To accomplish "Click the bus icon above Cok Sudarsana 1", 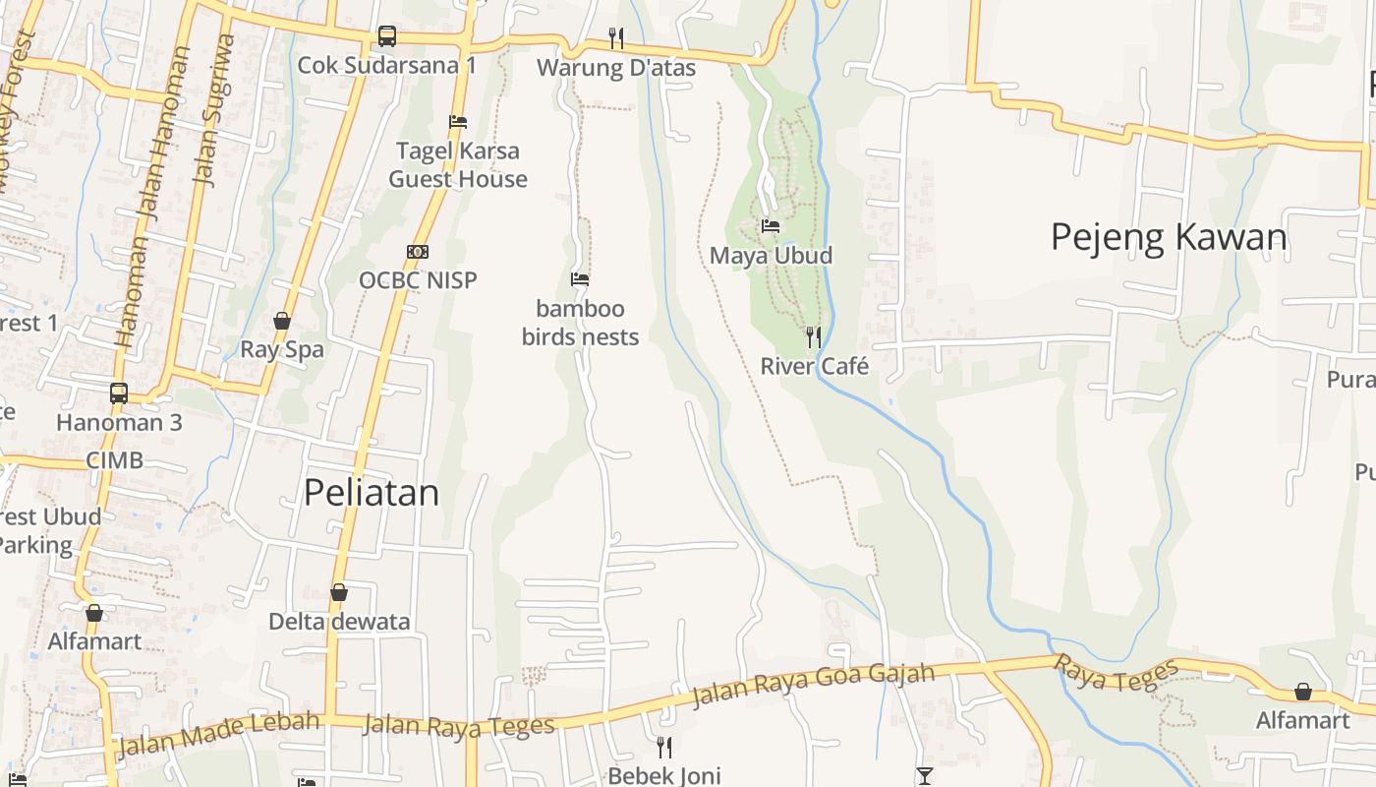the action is click(x=387, y=36).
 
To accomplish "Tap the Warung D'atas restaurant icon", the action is click(x=616, y=38).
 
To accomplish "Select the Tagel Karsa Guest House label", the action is click(x=458, y=164).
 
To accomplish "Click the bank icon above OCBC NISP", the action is click(x=418, y=252).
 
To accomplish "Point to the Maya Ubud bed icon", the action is click(x=771, y=226).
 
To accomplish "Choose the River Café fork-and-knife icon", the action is click(x=813, y=337).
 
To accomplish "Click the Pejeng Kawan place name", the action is click(x=1169, y=237).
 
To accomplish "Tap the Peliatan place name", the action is click(x=371, y=492).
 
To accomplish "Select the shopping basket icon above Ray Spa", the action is click(x=282, y=321).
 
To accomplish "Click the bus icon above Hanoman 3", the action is click(x=119, y=393).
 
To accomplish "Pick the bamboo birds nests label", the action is click(x=580, y=322).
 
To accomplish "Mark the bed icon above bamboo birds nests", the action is click(x=580, y=279).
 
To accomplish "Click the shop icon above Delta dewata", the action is click(x=339, y=592).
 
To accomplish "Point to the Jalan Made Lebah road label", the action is click(x=218, y=734).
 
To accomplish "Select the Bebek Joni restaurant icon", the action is click(x=664, y=747).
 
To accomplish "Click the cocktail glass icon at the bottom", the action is click(x=924, y=776).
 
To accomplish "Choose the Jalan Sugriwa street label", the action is click(x=215, y=110).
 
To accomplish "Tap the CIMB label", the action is click(x=114, y=459).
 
